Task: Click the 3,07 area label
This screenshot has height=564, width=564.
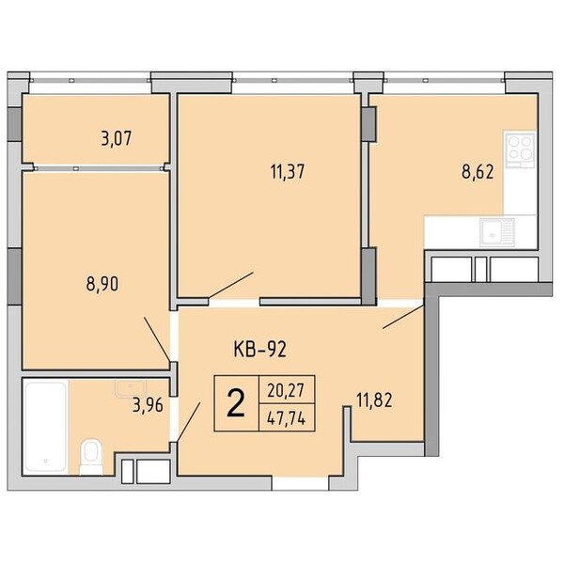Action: [x=117, y=138]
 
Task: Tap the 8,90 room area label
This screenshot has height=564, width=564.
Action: [x=102, y=284]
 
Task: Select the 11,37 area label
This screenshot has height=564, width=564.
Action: [x=288, y=172]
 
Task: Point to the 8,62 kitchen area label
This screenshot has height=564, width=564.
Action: [x=478, y=172]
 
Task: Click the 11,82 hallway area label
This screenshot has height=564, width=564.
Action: [x=374, y=400]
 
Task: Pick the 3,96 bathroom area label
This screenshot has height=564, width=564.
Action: [x=148, y=405]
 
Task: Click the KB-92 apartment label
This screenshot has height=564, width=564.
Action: [x=259, y=349]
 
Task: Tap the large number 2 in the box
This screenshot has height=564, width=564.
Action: [x=236, y=404]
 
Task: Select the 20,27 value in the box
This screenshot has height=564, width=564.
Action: [x=287, y=390]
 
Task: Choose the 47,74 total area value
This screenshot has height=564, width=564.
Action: [x=287, y=418]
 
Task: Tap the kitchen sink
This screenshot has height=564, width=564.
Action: [x=496, y=232]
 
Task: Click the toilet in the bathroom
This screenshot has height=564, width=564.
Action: [x=91, y=456]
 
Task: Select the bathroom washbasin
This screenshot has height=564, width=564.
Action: [x=131, y=388]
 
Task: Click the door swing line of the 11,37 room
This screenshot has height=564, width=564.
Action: [x=231, y=285]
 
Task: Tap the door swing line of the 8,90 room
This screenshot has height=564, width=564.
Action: [x=157, y=338]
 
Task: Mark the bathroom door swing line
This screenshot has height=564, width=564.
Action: [x=189, y=421]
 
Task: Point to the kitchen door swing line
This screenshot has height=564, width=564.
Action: [x=403, y=317]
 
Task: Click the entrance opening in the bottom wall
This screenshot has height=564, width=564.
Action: [x=301, y=483]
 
